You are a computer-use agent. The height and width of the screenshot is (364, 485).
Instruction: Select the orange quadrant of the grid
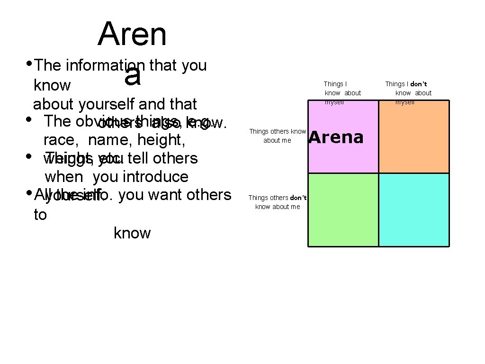pos(414,136)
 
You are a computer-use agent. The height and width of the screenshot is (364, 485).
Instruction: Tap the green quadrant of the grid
pos(343,209)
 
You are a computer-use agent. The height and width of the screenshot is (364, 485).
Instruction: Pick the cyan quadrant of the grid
pos(414,209)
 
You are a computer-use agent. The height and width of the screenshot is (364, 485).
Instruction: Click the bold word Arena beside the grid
pos(336,137)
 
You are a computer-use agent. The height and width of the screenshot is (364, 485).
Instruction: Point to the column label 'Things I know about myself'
pos(342,93)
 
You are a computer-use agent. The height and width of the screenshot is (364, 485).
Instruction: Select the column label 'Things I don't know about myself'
pos(408,93)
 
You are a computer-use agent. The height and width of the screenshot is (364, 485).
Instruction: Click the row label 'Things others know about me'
pos(278,136)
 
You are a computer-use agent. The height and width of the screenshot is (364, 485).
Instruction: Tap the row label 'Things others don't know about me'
pos(278,202)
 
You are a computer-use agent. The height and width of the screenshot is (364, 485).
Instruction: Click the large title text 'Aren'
pos(132,34)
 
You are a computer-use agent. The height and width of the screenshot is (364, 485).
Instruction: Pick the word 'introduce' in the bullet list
pos(155,177)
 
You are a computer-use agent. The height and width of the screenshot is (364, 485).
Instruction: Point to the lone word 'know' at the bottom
pos(132,233)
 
